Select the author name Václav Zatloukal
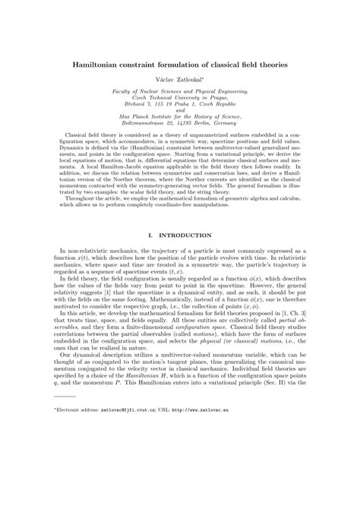click(x=179, y=79)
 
